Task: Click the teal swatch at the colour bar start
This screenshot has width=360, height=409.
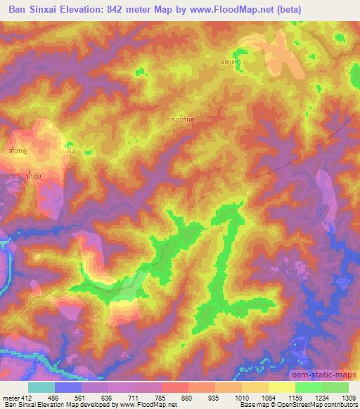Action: click(41, 387)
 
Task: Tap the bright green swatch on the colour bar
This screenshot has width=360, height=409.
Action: click(309, 387)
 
